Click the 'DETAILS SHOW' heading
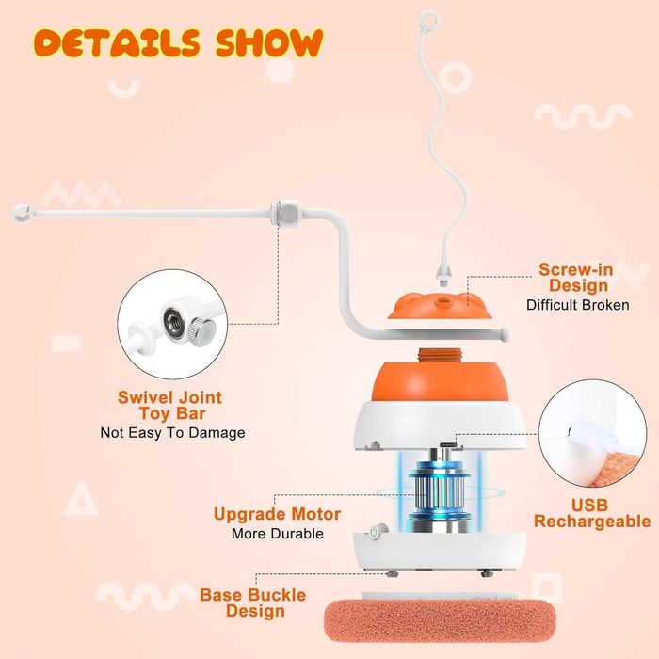click(x=179, y=42)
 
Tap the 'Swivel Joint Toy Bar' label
click(x=169, y=405)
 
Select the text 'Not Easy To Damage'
click(x=172, y=432)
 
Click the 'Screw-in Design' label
click(x=576, y=278)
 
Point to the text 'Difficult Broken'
click(x=578, y=305)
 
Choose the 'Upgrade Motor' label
click(x=277, y=514)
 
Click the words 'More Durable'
click(x=278, y=534)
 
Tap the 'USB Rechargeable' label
click(x=592, y=513)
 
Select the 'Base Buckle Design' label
click(x=253, y=603)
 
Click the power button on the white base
click(x=374, y=533)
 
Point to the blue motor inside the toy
click(x=440, y=490)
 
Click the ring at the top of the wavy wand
click(x=430, y=20)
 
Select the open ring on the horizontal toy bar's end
click(x=22, y=213)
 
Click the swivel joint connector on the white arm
click(x=286, y=213)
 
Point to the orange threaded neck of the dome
click(x=440, y=356)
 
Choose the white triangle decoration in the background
click(x=81, y=499)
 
